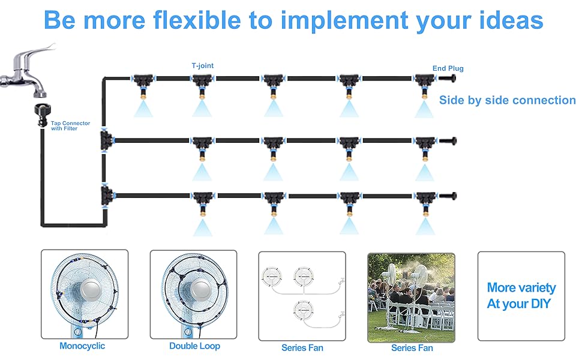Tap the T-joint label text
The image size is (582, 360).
point(202,66)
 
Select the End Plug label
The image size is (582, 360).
point(448,68)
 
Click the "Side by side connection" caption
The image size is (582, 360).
point(507,100)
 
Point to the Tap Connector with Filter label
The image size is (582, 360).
point(70,126)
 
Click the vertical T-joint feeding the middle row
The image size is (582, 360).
point(106,141)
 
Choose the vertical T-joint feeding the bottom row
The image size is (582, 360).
point(106,194)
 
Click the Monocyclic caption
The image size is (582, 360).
point(82,346)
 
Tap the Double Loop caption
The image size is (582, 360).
point(194,346)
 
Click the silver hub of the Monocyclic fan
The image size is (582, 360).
point(84,294)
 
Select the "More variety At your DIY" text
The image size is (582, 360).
point(521,296)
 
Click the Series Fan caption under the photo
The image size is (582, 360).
point(412,348)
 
